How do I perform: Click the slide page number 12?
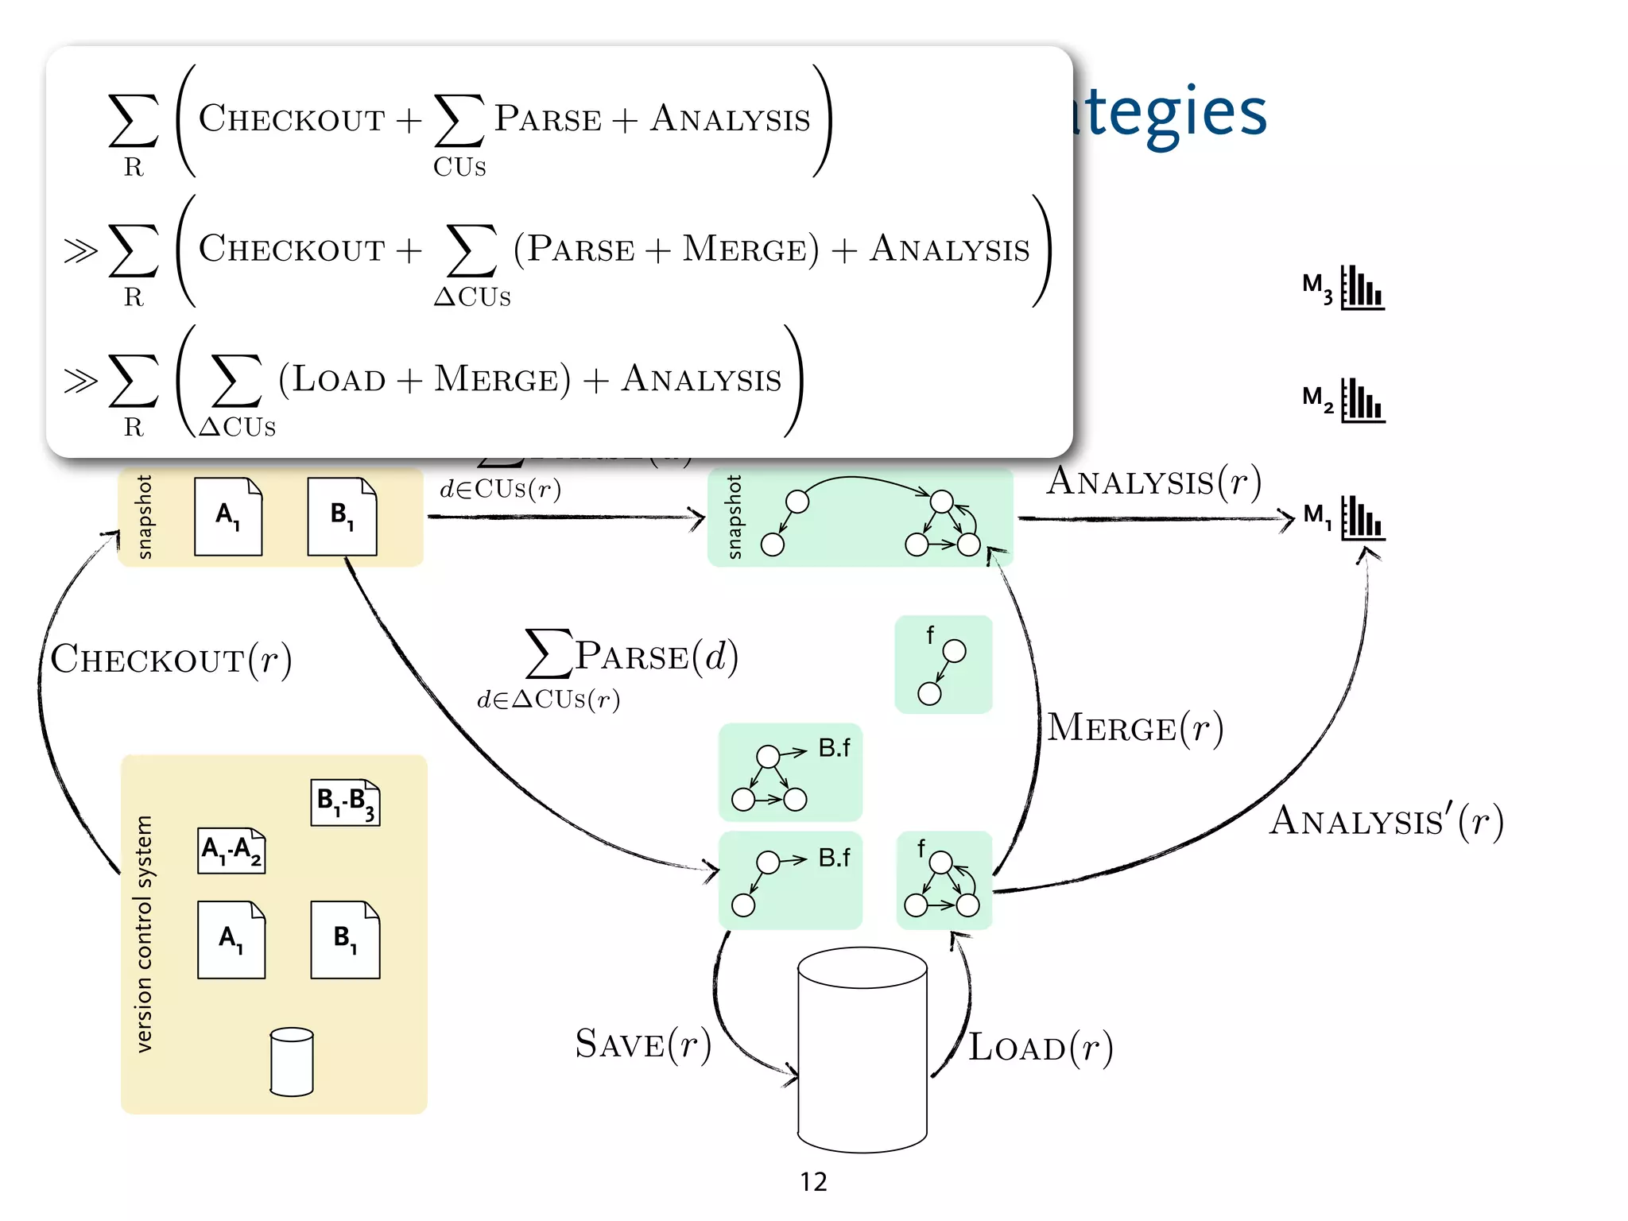pyautogui.click(x=813, y=1182)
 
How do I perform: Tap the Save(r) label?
pyautogui.click(x=642, y=1045)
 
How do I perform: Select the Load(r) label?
pyautogui.click(x=1040, y=1048)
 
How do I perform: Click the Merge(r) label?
pyautogui.click(x=1134, y=728)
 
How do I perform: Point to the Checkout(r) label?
pyautogui.click(x=171, y=660)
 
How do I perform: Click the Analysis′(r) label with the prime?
pyautogui.click(x=1386, y=822)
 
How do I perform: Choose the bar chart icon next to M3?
pyautogui.click(x=1362, y=288)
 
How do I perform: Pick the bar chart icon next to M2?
pyautogui.click(x=1362, y=401)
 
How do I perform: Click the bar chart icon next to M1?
pyautogui.click(x=1362, y=518)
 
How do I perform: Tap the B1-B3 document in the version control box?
pyautogui.click(x=345, y=802)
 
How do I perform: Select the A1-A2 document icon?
pyautogui.click(x=231, y=851)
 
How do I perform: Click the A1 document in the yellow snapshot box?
pyautogui.click(x=228, y=517)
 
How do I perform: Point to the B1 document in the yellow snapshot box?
pyautogui.click(x=342, y=517)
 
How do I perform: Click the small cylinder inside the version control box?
pyautogui.click(x=292, y=1062)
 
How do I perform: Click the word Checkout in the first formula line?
pyautogui.click(x=292, y=119)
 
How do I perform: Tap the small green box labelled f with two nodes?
pyautogui.click(x=944, y=665)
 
